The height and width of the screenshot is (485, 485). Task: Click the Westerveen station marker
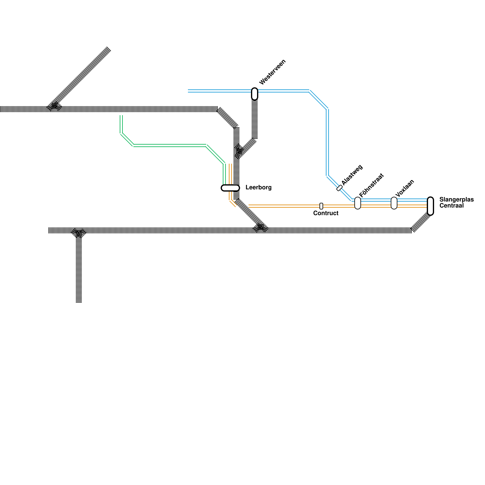[x=255, y=94]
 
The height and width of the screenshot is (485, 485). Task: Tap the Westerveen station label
[x=273, y=72]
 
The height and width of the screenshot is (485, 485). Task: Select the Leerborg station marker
[x=230, y=188]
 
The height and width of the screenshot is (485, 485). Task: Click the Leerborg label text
[x=259, y=187]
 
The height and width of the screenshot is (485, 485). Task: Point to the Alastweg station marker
[x=339, y=188]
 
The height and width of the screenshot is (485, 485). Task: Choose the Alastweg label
[x=352, y=175]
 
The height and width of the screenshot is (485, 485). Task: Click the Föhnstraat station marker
[x=358, y=203]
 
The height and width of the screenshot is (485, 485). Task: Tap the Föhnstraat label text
[x=371, y=185]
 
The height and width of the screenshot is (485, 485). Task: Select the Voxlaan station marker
[x=394, y=203]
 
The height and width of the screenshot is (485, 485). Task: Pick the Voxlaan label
[x=405, y=188]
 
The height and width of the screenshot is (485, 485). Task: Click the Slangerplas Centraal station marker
[x=430, y=206]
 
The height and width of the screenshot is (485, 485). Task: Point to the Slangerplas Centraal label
[x=456, y=202]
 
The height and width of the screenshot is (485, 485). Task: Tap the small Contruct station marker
[x=321, y=206]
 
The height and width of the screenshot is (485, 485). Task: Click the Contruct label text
[x=326, y=213]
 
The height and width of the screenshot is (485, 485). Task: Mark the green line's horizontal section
[x=170, y=145]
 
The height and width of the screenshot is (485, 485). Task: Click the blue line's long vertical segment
[x=327, y=142]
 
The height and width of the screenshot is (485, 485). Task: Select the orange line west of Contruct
[x=282, y=206]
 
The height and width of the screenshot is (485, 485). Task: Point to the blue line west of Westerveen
[x=218, y=91]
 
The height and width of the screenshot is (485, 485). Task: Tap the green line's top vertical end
[x=121, y=123]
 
